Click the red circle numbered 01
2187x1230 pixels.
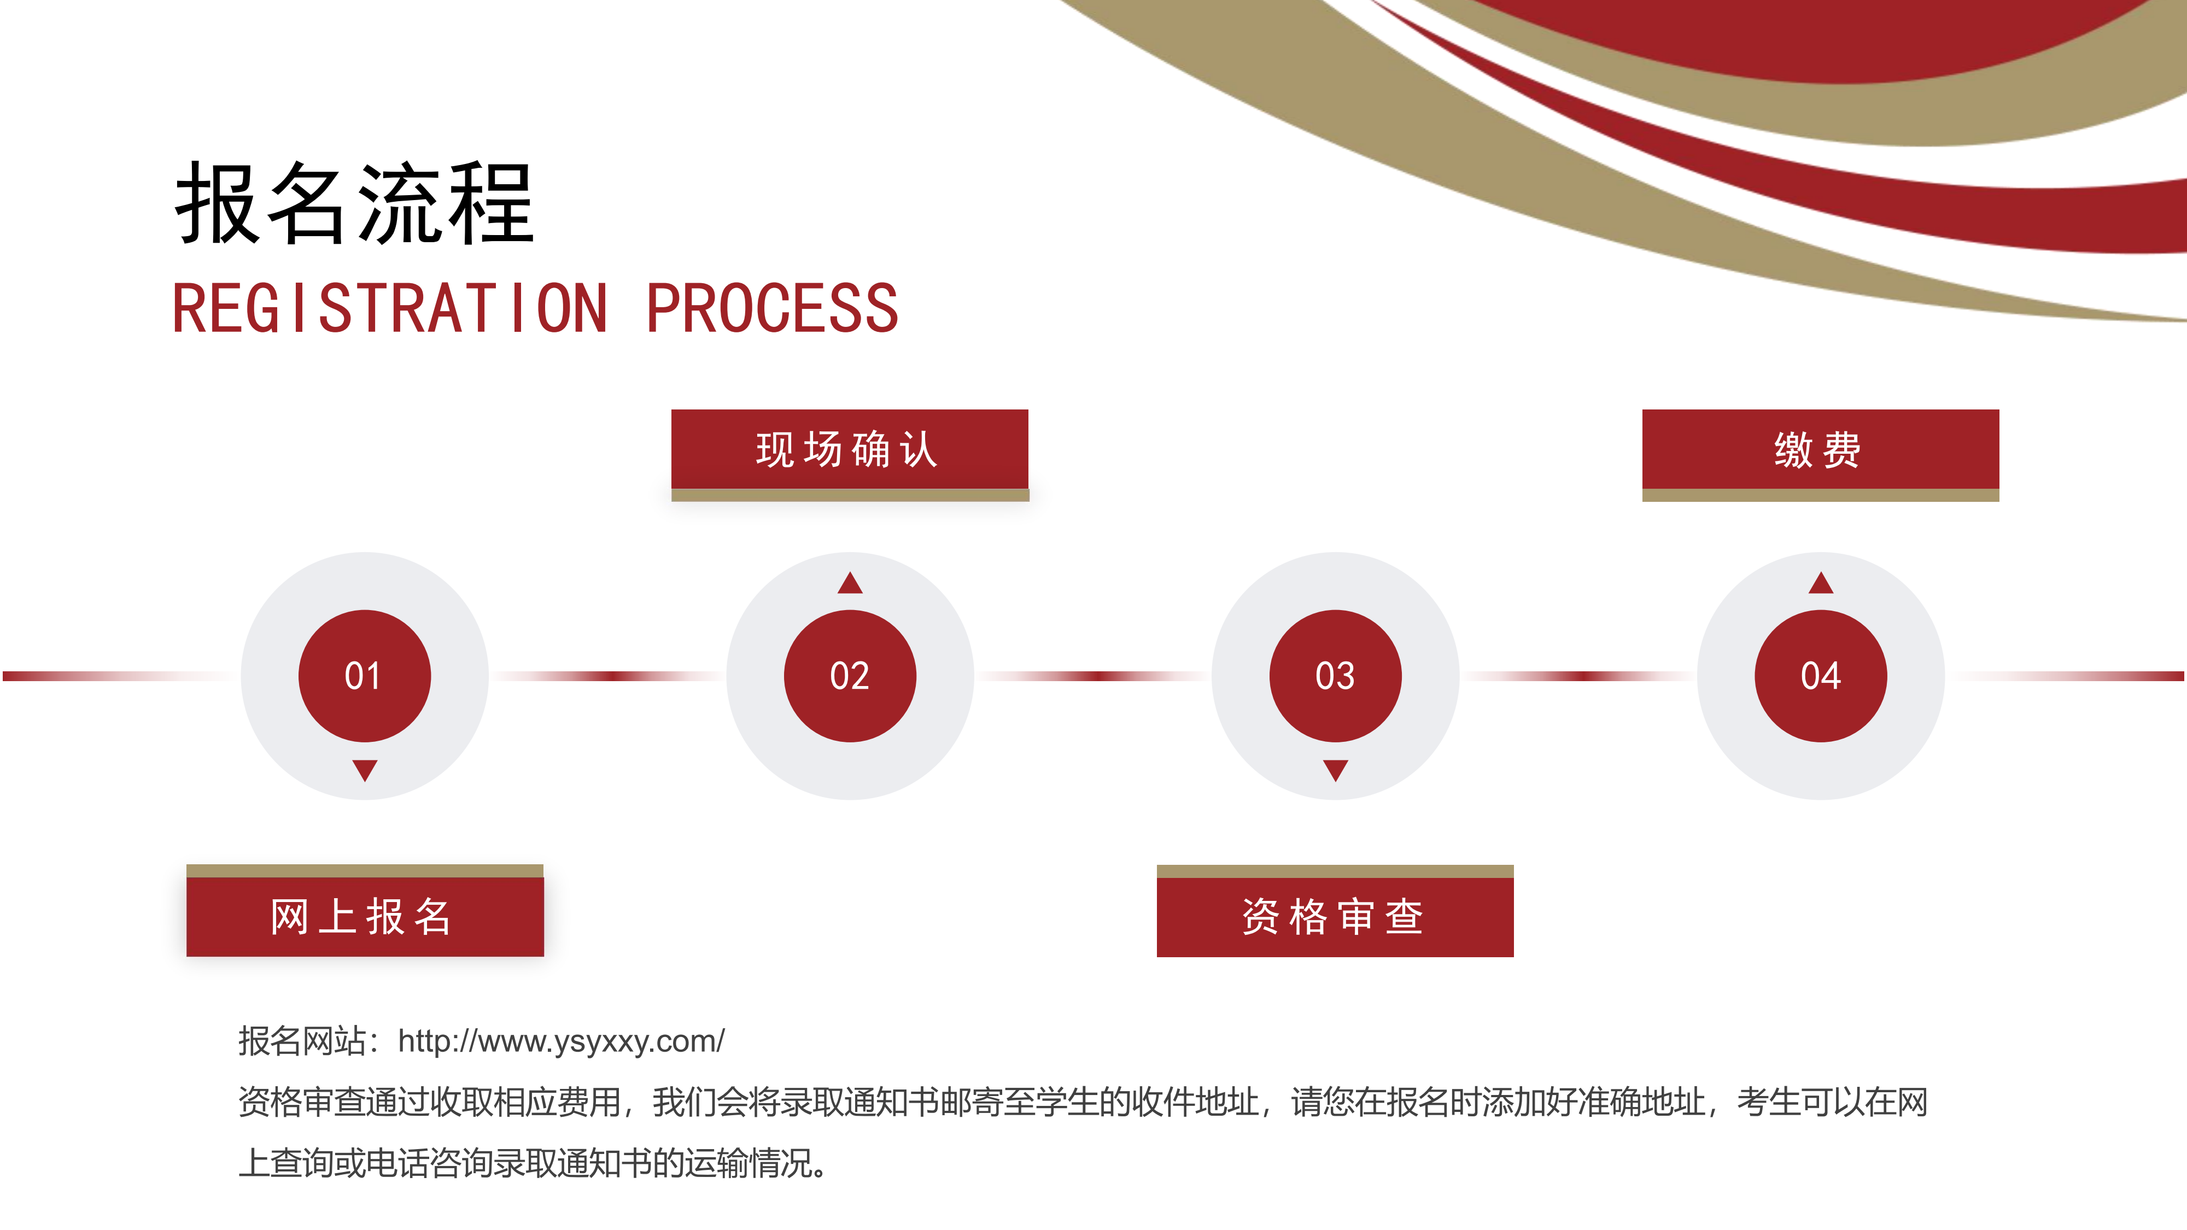tap(364, 676)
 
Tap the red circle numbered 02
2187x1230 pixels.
tap(850, 676)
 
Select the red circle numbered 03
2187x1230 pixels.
tap(1336, 676)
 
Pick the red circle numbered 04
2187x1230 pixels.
tap(1821, 676)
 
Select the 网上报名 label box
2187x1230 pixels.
tap(365, 917)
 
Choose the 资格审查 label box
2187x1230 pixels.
tap(1336, 917)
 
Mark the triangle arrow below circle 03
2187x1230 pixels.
tap(1336, 770)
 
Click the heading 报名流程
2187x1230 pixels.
tap(355, 204)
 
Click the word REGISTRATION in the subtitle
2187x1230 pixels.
tap(390, 308)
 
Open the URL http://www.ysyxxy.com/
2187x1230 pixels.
tap(561, 1041)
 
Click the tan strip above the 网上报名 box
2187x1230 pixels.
tap(365, 871)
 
